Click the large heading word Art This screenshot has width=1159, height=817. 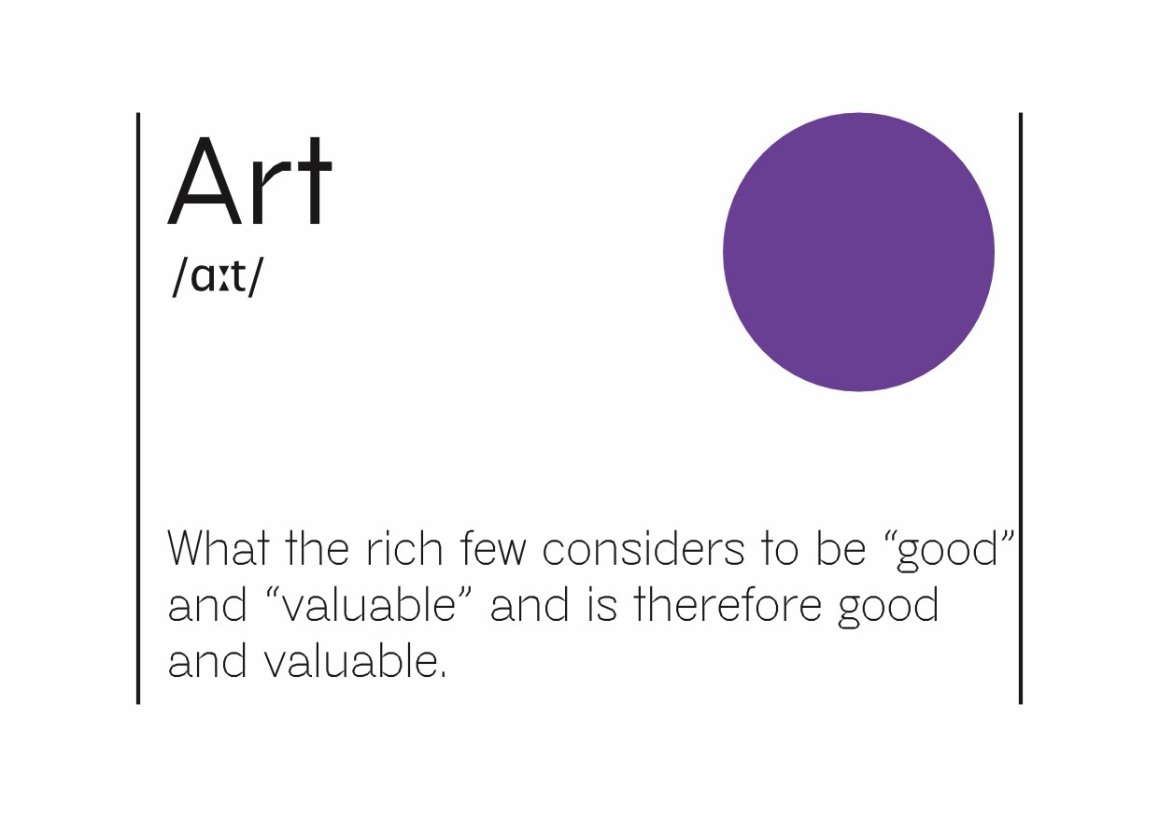pyautogui.click(x=249, y=181)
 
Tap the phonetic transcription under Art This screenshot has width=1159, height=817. pyautogui.click(x=218, y=276)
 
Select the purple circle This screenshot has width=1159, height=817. pyautogui.click(x=858, y=252)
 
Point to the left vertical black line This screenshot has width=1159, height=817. pyautogui.click(x=138, y=408)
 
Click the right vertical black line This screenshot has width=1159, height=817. pyautogui.click(x=1021, y=408)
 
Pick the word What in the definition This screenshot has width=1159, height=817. pyautogui.click(x=219, y=548)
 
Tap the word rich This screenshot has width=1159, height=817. pyautogui.click(x=404, y=548)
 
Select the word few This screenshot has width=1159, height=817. pyautogui.click(x=493, y=548)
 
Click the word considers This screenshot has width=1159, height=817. pyautogui.click(x=643, y=548)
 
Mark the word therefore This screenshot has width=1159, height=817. pyautogui.click(x=728, y=605)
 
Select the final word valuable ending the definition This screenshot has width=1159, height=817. pyautogui.click(x=355, y=662)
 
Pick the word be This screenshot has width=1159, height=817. pyautogui.click(x=841, y=548)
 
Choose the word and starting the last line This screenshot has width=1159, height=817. pyautogui.click(x=207, y=662)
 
